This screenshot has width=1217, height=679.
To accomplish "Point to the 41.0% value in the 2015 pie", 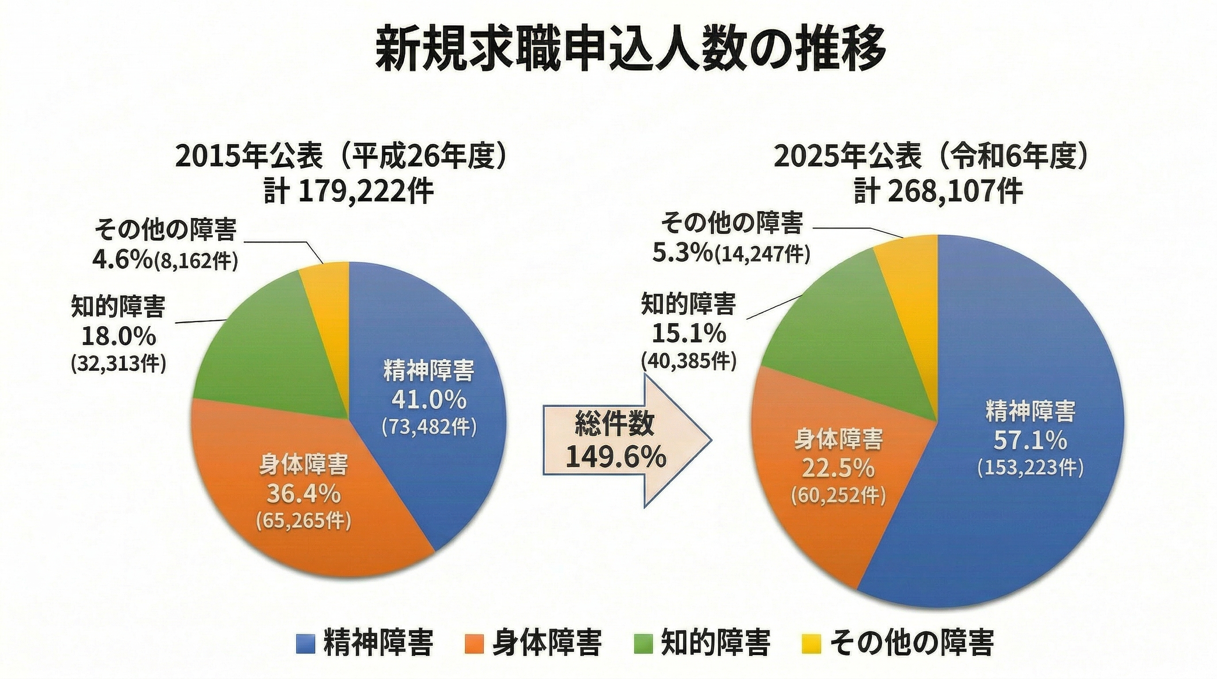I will (x=429, y=400).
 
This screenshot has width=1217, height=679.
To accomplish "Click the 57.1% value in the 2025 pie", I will (x=1030, y=441).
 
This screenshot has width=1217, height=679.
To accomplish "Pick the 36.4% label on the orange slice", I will (x=303, y=494).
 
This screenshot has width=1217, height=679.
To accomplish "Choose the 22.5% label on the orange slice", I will (x=838, y=469).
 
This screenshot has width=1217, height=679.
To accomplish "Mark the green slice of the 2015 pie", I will (x=264, y=349).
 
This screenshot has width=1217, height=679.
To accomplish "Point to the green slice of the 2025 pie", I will (x=831, y=321).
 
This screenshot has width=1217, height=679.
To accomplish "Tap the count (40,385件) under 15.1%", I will (x=689, y=361).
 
